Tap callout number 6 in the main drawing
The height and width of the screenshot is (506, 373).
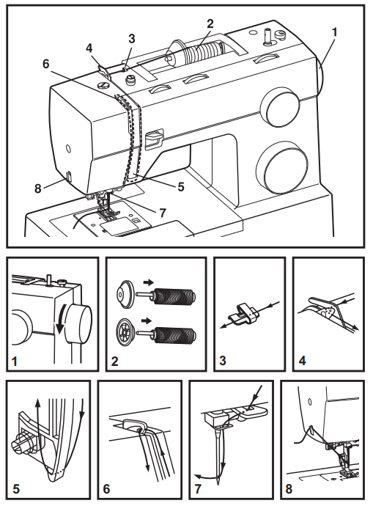pos(45,65)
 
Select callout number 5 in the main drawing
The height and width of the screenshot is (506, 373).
pos(180,186)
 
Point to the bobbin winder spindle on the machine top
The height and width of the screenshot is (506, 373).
pos(268,34)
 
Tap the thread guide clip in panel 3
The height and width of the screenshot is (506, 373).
pos(243,315)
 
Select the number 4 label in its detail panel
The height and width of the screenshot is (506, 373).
pos(301,359)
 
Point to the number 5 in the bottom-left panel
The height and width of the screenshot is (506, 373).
pos(16,485)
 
